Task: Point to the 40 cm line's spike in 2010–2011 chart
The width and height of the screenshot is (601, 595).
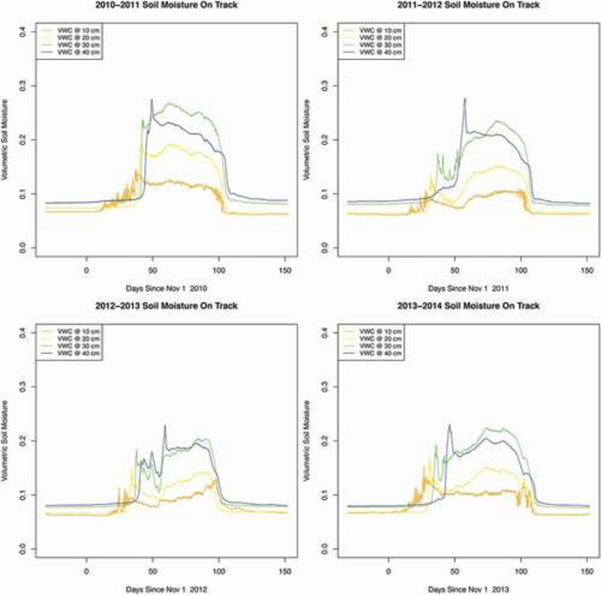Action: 152,100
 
